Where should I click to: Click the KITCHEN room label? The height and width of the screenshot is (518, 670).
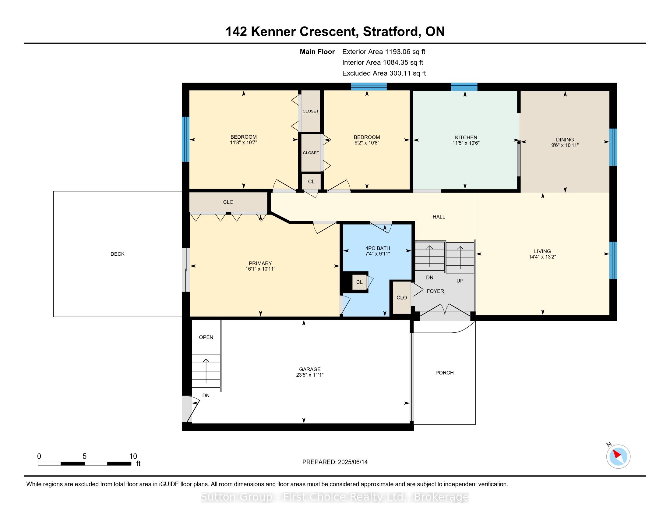[466, 137]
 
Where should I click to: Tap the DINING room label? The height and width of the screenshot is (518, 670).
[565, 140]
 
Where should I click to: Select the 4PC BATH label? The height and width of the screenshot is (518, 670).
[378, 248]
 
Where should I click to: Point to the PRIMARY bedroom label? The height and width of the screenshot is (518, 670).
[260, 263]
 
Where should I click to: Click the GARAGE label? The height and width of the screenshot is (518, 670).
[310, 370]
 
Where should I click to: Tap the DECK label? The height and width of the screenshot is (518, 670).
[118, 254]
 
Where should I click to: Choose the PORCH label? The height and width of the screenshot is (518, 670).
[444, 373]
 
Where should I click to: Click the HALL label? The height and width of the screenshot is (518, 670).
[439, 217]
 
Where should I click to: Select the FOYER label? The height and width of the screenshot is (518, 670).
[435, 291]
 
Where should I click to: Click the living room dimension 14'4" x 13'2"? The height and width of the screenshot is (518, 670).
[542, 257]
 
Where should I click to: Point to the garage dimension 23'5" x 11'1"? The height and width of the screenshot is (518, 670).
[310, 375]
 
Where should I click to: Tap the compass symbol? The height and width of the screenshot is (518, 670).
[618, 456]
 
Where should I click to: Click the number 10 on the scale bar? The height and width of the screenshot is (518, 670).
[133, 456]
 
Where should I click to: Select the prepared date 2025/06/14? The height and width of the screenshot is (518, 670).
[352, 462]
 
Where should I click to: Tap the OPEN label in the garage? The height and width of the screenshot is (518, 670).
[206, 338]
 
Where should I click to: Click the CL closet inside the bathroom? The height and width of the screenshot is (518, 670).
[359, 282]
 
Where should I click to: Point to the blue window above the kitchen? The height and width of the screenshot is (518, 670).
[464, 87]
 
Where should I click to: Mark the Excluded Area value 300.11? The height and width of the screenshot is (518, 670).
[400, 73]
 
